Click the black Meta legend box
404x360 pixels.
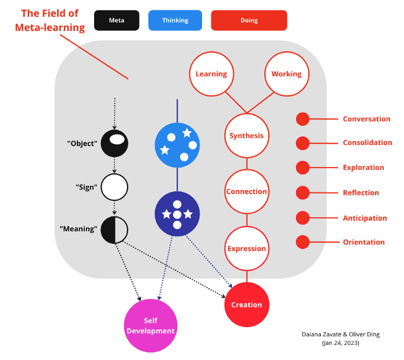(x=117, y=20)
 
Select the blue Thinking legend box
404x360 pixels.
(x=175, y=20)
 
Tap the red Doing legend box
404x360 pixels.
(x=249, y=20)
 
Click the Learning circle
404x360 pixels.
(x=211, y=74)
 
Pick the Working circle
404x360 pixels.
(x=286, y=74)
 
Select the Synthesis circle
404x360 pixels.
(x=246, y=136)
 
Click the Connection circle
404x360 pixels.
(x=246, y=191)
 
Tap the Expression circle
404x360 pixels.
(x=246, y=248)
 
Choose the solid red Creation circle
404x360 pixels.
(x=246, y=305)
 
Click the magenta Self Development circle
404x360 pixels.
(x=150, y=326)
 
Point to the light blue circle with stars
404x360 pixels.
(x=177, y=145)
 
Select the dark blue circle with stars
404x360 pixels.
(x=177, y=214)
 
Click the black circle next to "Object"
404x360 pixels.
(x=114, y=143)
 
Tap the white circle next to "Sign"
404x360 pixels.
(x=114, y=187)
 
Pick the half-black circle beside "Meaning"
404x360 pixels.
(x=114, y=229)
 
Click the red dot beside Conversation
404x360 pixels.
(x=302, y=119)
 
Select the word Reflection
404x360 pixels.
(x=361, y=193)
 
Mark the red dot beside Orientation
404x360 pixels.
(x=302, y=242)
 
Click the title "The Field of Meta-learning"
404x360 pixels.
(x=53, y=20)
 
